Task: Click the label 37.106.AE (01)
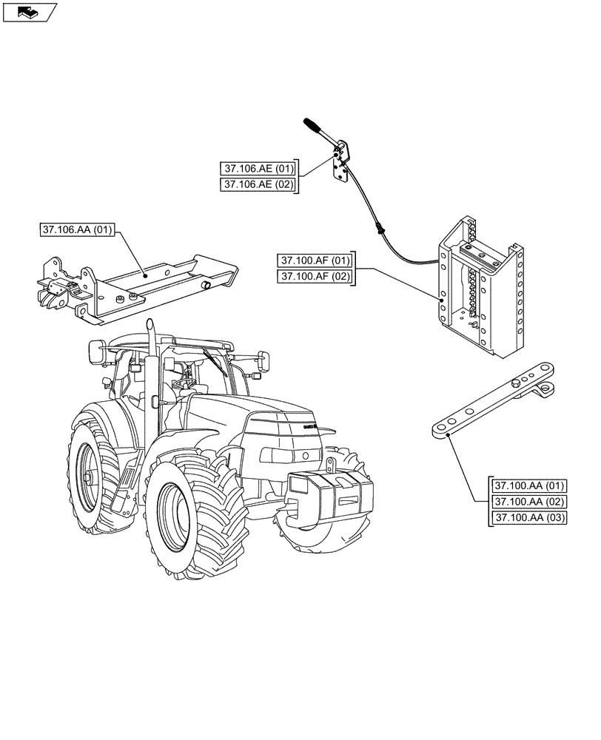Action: pos(257,168)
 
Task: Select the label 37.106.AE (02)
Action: pos(257,184)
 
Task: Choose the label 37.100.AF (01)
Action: pos(314,260)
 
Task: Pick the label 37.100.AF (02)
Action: pos(314,277)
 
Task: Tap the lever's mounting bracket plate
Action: pos(341,168)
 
